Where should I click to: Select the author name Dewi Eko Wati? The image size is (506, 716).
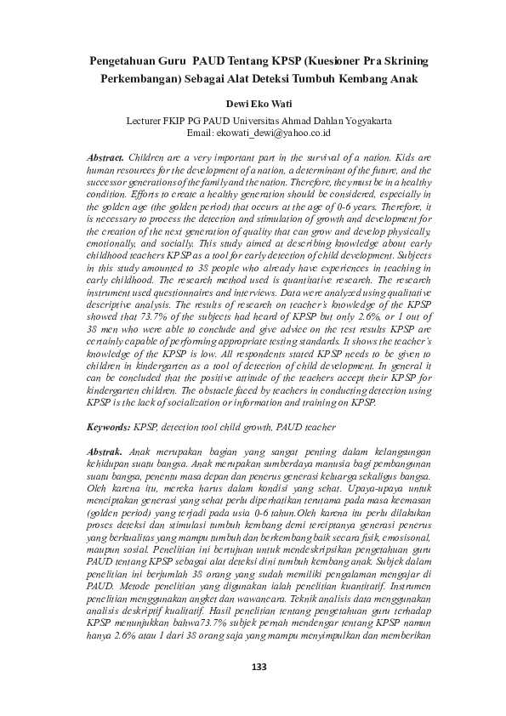tap(253, 104)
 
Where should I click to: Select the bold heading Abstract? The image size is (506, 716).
tap(106, 159)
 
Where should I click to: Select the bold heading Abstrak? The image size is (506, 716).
tap(105, 450)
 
